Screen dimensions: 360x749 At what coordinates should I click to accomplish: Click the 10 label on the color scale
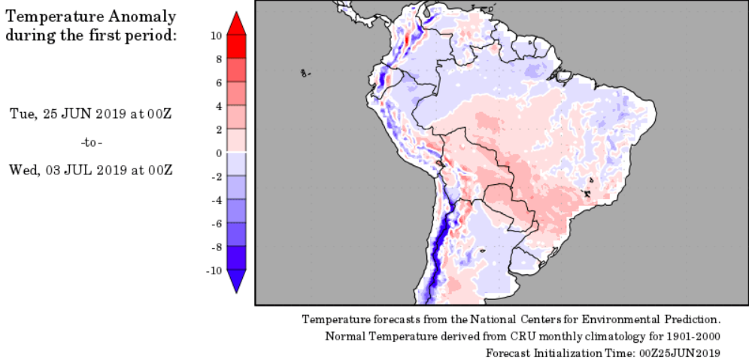[x=215, y=35]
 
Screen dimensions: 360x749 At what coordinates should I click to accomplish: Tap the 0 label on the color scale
[x=217, y=153]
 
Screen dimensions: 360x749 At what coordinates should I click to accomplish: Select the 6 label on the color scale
[x=217, y=83]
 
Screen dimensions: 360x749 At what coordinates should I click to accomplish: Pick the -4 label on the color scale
[x=215, y=200]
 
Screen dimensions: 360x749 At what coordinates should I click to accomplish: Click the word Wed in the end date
[x=21, y=170]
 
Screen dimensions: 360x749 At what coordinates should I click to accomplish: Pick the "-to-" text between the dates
[x=91, y=142]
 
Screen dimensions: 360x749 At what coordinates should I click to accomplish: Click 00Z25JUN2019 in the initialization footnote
[x=680, y=352]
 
